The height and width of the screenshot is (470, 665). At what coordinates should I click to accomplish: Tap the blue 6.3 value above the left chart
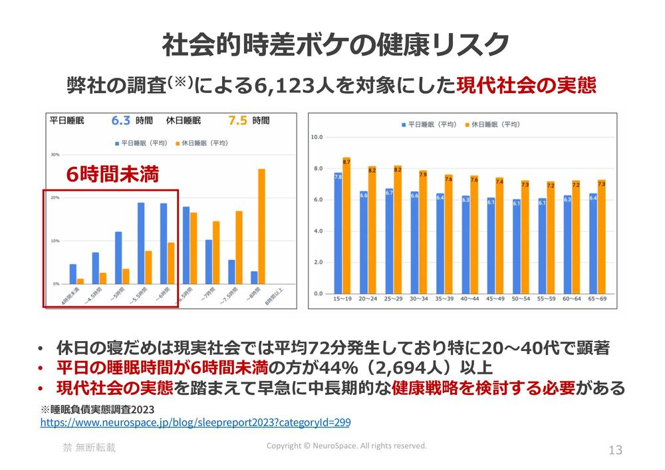tap(120, 120)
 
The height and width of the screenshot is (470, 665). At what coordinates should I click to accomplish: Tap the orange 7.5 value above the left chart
tap(237, 120)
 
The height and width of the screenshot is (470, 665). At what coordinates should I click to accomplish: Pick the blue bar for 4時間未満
tap(73, 274)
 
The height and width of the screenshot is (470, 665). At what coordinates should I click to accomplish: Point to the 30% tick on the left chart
tap(55, 154)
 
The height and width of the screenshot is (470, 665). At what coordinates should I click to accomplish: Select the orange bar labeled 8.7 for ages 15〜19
tap(346, 226)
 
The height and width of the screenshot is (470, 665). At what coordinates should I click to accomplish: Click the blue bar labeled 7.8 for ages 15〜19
tap(338, 233)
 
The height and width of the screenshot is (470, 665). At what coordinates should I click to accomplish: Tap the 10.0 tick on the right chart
tap(317, 137)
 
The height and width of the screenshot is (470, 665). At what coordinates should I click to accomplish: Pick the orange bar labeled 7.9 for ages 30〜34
tap(423, 233)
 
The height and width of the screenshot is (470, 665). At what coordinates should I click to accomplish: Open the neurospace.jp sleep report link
tap(196, 422)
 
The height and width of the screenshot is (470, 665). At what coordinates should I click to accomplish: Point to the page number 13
tap(615, 450)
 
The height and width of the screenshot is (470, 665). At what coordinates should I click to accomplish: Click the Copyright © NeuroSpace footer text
tap(346, 446)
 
